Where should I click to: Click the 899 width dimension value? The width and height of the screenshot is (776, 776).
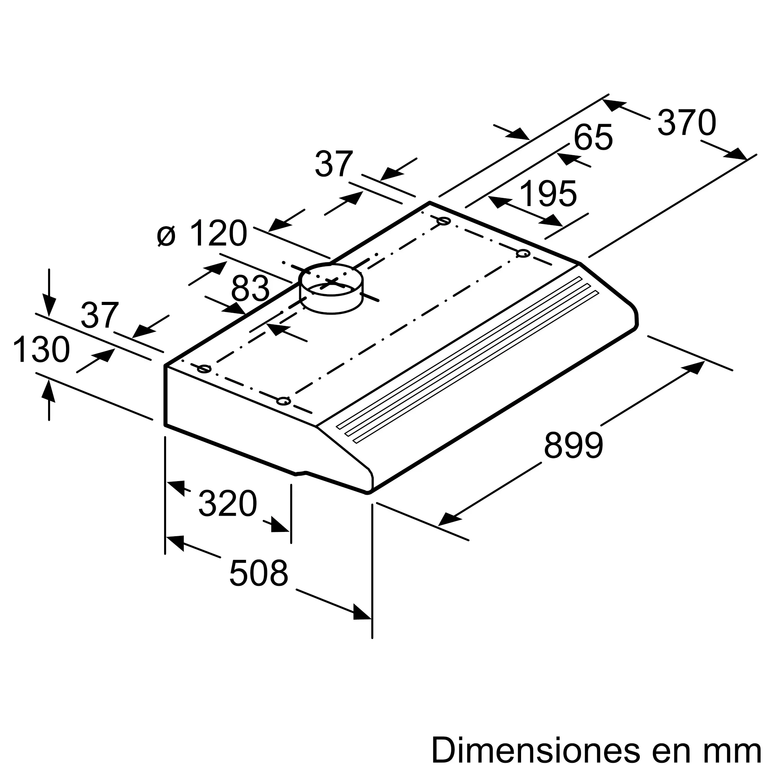[573, 445]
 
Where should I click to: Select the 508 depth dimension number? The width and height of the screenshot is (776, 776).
[259, 573]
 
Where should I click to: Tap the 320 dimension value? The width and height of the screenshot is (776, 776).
[228, 503]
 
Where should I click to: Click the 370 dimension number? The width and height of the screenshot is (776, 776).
[687, 123]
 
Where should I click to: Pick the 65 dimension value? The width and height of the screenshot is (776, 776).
[593, 137]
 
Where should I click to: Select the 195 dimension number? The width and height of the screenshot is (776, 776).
[549, 193]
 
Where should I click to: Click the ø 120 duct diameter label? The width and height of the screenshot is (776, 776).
[202, 233]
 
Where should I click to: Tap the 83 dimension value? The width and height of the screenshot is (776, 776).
[250, 289]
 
